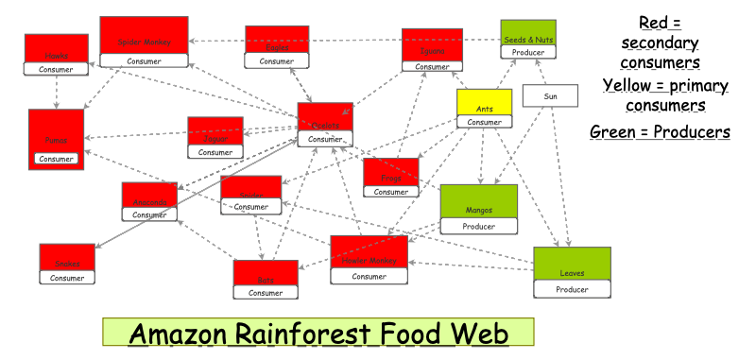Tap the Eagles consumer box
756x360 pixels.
[x=277, y=47]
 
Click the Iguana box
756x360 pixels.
[x=432, y=50]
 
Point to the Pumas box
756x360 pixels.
[x=56, y=139]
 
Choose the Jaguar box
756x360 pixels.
[x=215, y=138]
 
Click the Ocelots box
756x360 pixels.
[x=325, y=125]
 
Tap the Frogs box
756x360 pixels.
[x=391, y=178]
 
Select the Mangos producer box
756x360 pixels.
[x=479, y=210]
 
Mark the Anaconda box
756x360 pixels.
[x=149, y=201]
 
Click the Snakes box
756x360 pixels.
[x=67, y=264]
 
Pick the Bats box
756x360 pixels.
[x=266, y=279]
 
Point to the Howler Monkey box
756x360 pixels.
[x=369, y=260]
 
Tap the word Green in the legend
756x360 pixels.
[x=614, y=131]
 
